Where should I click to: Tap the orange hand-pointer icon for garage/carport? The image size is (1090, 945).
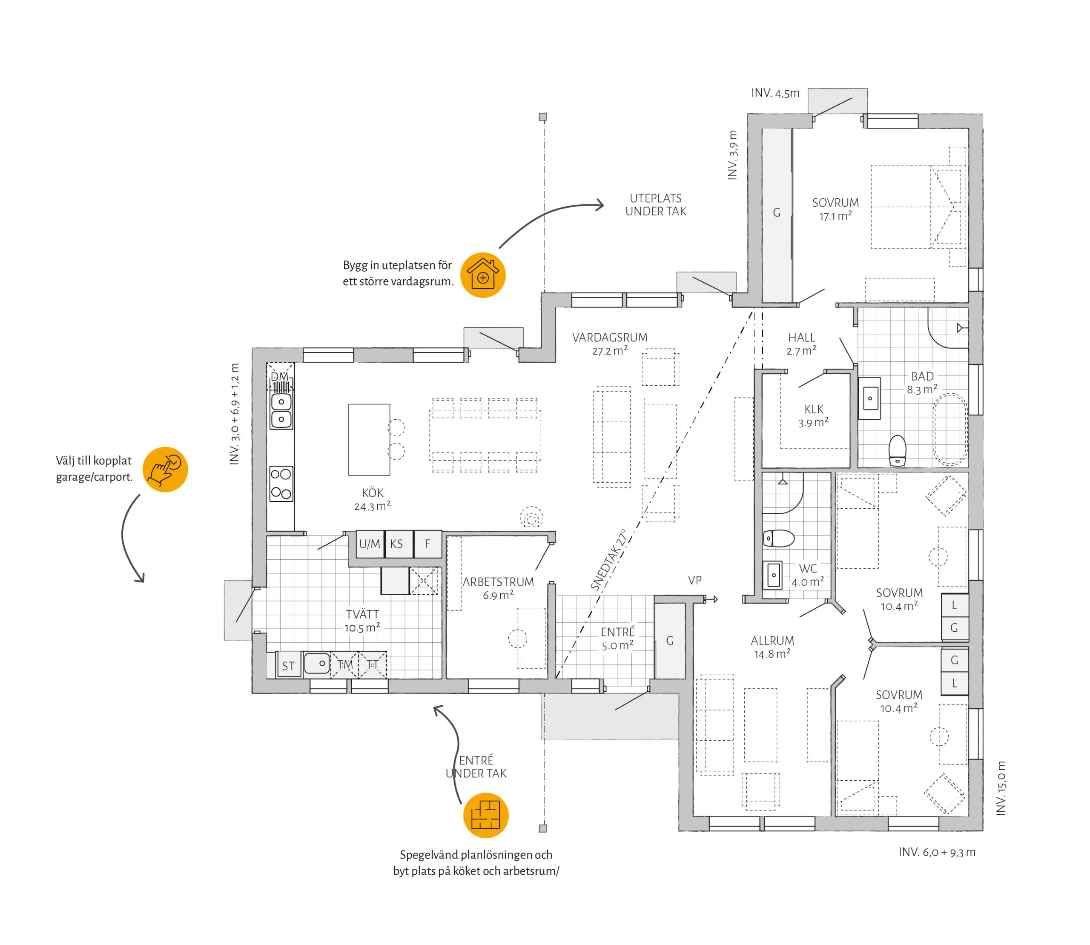(165, 470)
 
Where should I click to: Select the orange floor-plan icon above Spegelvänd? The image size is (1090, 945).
(486, 815)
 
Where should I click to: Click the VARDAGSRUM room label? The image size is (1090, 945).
(610, 338)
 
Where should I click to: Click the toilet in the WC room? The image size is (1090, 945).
(779, 538)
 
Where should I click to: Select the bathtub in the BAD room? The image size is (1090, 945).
(950, 429)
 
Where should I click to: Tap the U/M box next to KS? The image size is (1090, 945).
(370, 544)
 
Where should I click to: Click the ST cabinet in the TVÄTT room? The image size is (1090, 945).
(288, 665)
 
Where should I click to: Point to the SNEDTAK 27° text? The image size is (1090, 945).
(608, 560)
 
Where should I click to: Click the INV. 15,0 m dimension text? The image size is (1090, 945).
(1001, 788)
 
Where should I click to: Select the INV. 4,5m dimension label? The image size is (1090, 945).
(775, 93)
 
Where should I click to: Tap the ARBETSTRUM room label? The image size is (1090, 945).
(498, 582)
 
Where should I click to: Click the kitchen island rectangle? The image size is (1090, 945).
(369, 440)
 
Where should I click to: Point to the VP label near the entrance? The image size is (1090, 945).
(694, 581)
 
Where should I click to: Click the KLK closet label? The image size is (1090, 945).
(814, 409)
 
